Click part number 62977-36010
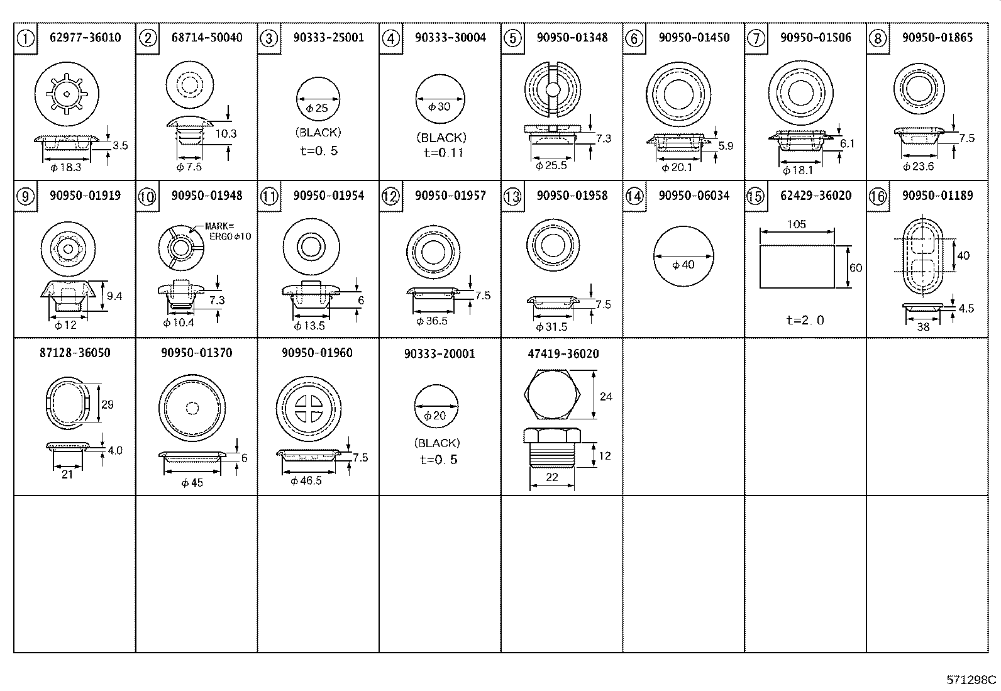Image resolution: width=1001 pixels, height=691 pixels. tap(85, 38)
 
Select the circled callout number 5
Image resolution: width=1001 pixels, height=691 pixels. tap(512, 39)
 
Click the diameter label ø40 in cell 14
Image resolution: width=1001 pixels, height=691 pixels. tap(683, 265)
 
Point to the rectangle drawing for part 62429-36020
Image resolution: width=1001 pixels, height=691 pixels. tap(797, 266)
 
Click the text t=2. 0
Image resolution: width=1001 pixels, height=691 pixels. tap(805, 320)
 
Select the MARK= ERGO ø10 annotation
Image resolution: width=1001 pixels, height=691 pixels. tap(228, 231)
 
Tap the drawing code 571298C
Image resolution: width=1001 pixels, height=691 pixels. tap(971, 680)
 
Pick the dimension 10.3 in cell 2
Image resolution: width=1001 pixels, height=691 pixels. tap(226, 133)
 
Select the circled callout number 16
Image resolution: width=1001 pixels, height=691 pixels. tap(878, 197)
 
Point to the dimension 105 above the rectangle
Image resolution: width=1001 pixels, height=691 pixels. tap(796, 224)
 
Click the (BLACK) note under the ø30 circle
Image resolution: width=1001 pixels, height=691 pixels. tap(441, 138)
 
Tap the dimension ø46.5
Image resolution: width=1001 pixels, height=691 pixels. tap(306, 481)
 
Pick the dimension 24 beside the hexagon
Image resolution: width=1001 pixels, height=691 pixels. tap(606, 397)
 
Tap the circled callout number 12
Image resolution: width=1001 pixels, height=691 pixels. tap(390, 197)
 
